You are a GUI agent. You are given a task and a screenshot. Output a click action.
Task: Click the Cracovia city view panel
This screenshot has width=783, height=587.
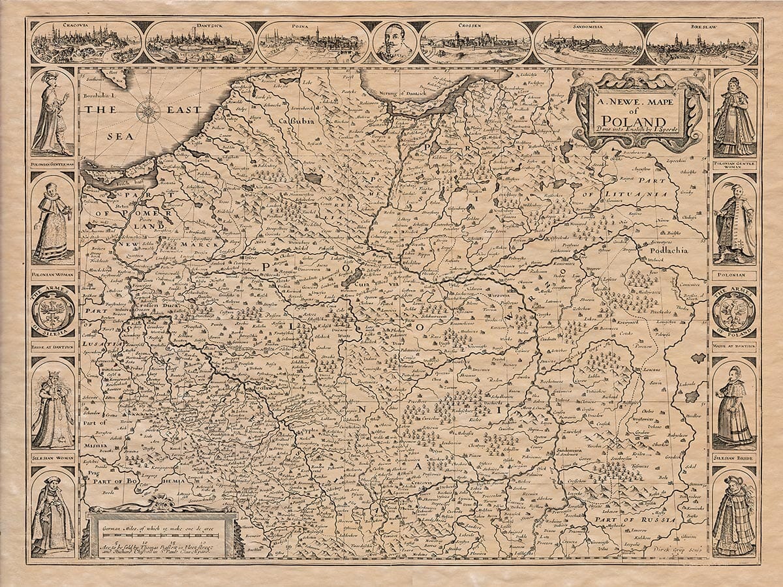coord(86,42)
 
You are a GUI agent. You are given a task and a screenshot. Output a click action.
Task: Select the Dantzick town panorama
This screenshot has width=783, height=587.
coord(200,42)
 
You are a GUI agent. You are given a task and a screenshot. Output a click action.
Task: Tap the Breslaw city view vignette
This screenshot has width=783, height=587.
coord(701,43)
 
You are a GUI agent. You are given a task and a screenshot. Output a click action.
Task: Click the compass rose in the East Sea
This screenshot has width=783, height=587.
coord(149,111)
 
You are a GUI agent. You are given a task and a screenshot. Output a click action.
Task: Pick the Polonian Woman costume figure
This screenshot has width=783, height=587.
coord(52,222)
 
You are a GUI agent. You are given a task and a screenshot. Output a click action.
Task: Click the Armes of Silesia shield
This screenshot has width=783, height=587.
coord(52,312)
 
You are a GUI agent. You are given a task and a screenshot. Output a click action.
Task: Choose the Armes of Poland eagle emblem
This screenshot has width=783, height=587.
coord(734,312)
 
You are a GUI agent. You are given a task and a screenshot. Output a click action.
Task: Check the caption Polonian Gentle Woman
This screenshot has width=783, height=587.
coord(734,166)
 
